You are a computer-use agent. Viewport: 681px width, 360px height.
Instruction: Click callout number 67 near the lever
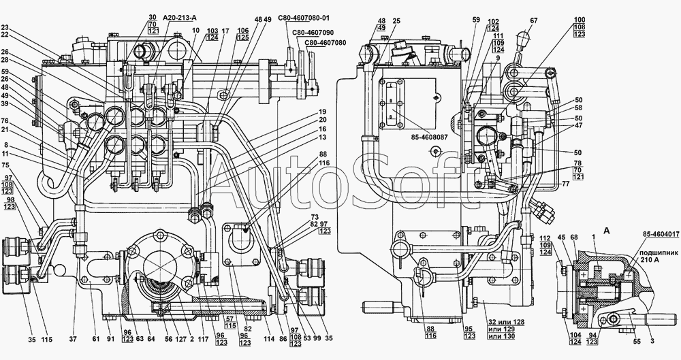[x=533, y=20]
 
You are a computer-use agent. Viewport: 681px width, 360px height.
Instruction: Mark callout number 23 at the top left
[x=5, y=28]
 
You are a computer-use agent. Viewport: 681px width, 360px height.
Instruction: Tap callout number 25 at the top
[x=396, y=21]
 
